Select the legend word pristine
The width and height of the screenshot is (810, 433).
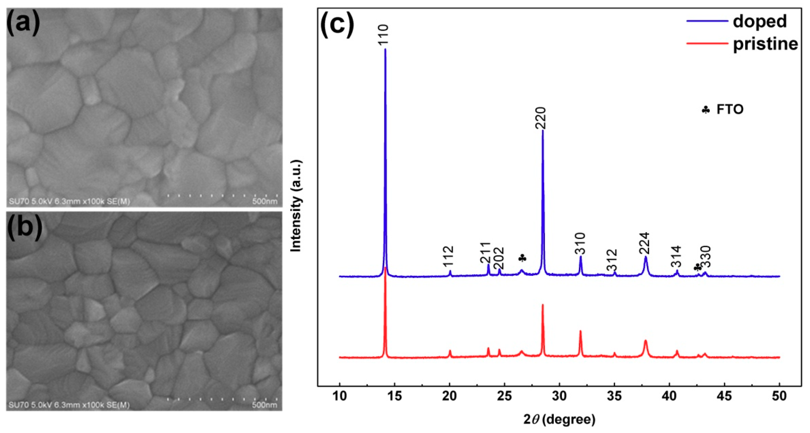[x=765, y=44]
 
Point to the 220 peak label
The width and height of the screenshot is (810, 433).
[x=542, y=118]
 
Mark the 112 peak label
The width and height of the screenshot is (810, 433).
[x=449, y=256]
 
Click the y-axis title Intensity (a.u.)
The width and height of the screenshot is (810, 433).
[x=296, y=206]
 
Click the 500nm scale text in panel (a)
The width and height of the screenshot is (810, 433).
[x=265, y=201]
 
